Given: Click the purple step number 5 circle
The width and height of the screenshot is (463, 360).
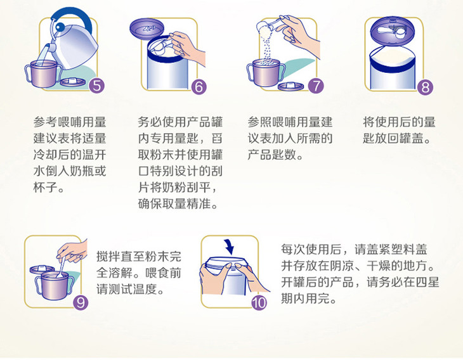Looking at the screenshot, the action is click(x=97, y=86).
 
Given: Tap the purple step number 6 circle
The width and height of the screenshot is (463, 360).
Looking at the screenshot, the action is click(x=199, y=87).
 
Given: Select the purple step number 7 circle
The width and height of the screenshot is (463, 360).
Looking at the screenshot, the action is click(x=316, y=86).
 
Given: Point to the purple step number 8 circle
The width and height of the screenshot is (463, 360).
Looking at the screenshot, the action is click(x=425, y=87).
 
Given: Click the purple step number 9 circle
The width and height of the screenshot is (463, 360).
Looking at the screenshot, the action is click(x=81, y=302).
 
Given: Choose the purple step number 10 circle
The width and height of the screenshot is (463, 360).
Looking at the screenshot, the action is click(x=259, y=302).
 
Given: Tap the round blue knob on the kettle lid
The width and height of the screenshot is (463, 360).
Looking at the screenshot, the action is click(x=60, y=27).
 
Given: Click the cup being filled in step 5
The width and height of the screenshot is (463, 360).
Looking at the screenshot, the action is click(x=44, y=74).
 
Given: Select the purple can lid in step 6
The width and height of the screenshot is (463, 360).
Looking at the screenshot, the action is click(x=147, y=28).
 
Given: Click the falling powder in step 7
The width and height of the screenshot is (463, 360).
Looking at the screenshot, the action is click(x=266, y=49).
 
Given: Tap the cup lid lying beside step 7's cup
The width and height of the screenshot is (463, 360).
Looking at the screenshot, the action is click(x=290, y=86).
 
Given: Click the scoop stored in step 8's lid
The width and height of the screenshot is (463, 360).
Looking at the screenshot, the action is click(x=393, y=30).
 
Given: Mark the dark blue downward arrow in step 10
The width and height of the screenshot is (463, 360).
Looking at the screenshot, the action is click(x=228, y=247).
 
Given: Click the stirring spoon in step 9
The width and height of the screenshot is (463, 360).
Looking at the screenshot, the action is click(x=62, y=266).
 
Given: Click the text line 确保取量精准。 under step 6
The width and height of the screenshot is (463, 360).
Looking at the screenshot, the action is click(x=178, y=203).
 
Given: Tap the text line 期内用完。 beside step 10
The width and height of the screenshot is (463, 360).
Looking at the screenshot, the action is click(x=309, y=299).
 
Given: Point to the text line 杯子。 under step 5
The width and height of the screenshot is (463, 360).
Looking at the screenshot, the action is click(x=49, y=187).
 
